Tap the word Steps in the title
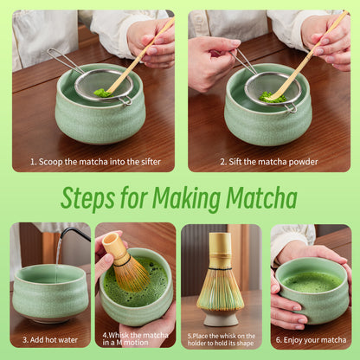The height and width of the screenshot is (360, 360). [91, 198]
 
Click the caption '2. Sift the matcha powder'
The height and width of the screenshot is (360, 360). [268, 161]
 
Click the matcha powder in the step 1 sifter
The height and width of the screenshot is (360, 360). [103, 92]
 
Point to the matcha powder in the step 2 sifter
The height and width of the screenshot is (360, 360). [273, 97]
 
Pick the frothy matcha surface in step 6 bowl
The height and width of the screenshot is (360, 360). [312, 281]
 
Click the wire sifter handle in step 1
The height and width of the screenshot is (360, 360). [66, 61]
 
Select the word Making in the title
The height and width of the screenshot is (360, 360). [177, 198]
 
